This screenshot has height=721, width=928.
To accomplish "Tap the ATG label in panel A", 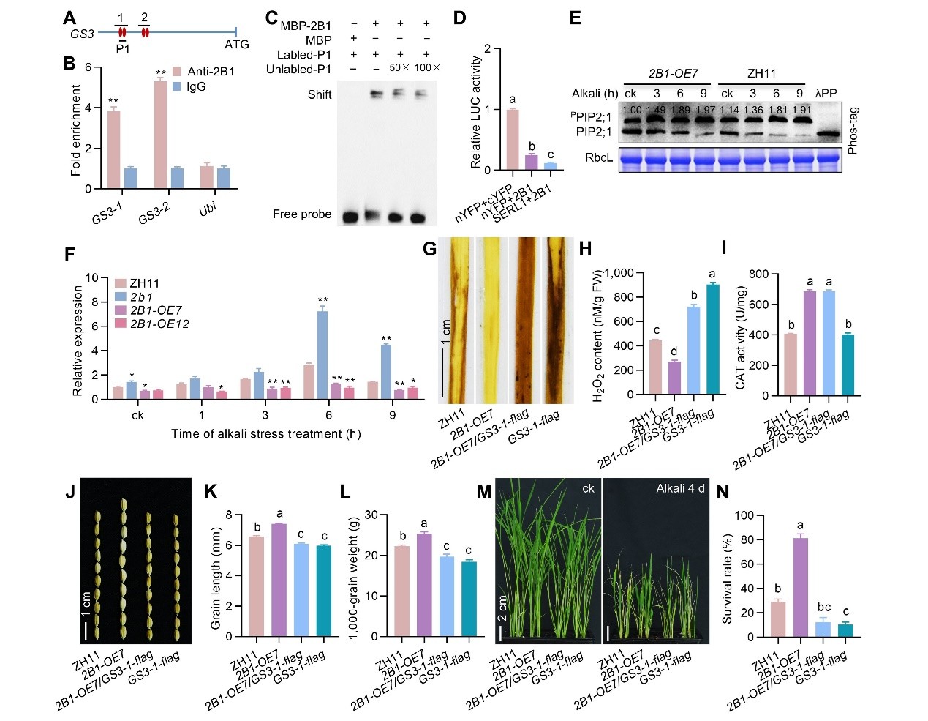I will point(237,45).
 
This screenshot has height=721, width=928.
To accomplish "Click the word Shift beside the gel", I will point(320,94).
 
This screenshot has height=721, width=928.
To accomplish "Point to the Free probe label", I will point(302,214).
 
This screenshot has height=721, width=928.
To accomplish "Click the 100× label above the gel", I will point(427,68).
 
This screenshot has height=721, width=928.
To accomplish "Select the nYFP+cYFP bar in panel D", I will point(513,140).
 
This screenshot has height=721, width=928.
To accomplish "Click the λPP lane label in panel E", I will point(826,93).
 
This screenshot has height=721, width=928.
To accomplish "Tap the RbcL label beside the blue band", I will point(599,157).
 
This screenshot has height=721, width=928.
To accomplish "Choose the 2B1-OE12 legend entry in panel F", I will point(159,324).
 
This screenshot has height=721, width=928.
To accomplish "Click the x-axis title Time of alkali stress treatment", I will point(265,434).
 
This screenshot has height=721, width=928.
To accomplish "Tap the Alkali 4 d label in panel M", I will point(680,488).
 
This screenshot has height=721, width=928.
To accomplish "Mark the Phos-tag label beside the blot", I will point(851,130).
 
